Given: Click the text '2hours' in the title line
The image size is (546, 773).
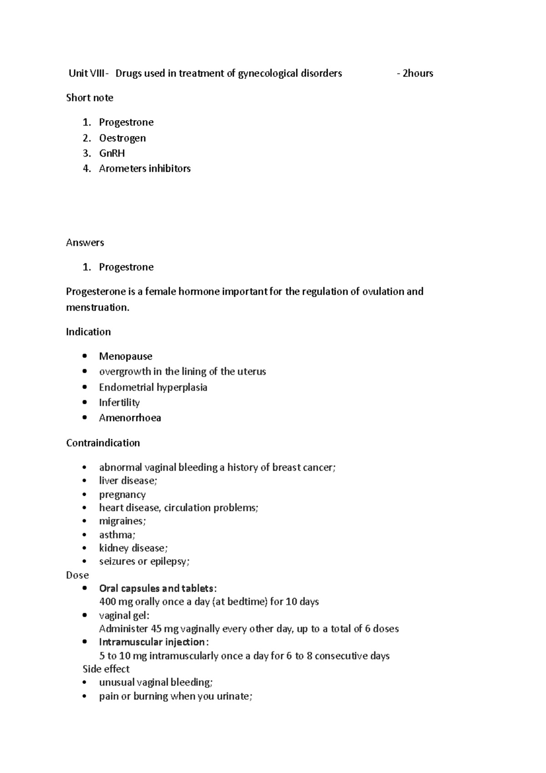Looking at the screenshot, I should click(418, 73).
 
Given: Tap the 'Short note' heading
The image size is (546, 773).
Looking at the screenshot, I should click(90, 98).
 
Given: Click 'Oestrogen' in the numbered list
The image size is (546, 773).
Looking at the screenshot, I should click(122, 138).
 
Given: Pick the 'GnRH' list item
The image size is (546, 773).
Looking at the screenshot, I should click(112, 153).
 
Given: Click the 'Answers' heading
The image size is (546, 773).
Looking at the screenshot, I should click(85, 243).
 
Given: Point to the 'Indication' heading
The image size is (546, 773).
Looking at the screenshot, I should click(88, 332).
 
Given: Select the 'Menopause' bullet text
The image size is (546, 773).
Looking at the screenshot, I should click(126, 356).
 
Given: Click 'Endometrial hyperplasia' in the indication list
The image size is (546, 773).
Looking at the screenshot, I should click(153, 387).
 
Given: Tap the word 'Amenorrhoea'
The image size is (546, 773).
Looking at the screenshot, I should click(130, 418).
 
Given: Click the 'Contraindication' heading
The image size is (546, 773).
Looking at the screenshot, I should click(103, 443).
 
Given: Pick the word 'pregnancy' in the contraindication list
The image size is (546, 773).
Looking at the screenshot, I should click(122, 494).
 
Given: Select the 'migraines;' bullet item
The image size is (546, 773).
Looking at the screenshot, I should click(122, 521).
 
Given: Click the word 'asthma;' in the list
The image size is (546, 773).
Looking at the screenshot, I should click(117, 535).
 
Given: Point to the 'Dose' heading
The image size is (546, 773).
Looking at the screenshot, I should click(77, 575).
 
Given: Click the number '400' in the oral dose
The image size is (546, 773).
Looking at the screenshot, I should click(107, 602).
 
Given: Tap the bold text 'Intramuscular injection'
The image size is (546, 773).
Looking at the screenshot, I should click(152, 642).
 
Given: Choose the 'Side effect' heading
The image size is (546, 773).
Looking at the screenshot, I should click(106, 669).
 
